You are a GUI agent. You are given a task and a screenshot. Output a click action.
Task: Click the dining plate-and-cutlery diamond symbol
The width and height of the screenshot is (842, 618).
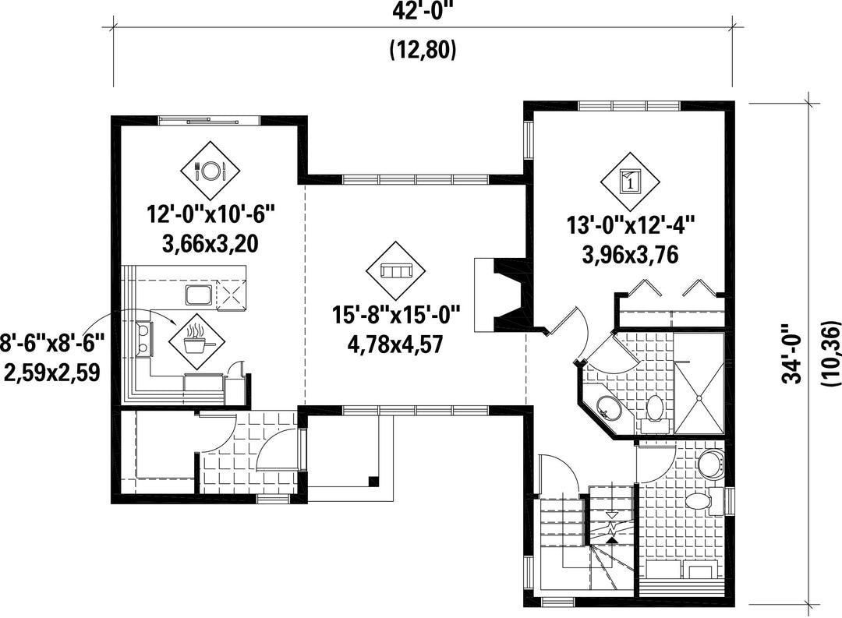point(210,171)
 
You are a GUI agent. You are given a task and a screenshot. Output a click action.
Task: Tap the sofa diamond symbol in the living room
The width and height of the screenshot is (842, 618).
point(395,270)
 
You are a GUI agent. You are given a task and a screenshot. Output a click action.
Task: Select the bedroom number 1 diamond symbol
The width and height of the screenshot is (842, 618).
point(630,182)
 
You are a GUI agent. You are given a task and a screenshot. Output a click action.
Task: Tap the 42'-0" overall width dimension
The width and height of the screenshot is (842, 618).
point(423,11)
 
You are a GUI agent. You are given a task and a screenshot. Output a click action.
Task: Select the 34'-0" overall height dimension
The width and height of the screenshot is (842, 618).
point(792,353)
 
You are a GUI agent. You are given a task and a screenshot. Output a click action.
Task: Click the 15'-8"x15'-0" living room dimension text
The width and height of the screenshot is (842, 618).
point(396,314)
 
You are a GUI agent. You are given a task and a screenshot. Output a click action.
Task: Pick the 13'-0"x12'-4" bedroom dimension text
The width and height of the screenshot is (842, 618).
point(631,225)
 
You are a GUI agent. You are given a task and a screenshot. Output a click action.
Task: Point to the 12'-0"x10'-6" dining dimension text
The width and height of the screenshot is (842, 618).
point(211,215)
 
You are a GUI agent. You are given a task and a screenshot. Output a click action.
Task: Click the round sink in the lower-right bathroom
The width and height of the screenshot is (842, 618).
point(712,463)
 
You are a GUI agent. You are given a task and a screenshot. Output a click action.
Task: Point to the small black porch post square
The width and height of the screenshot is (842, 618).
point(373,481)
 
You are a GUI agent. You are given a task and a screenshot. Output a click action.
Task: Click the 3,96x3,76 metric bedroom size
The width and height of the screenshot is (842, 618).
point(631,255)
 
